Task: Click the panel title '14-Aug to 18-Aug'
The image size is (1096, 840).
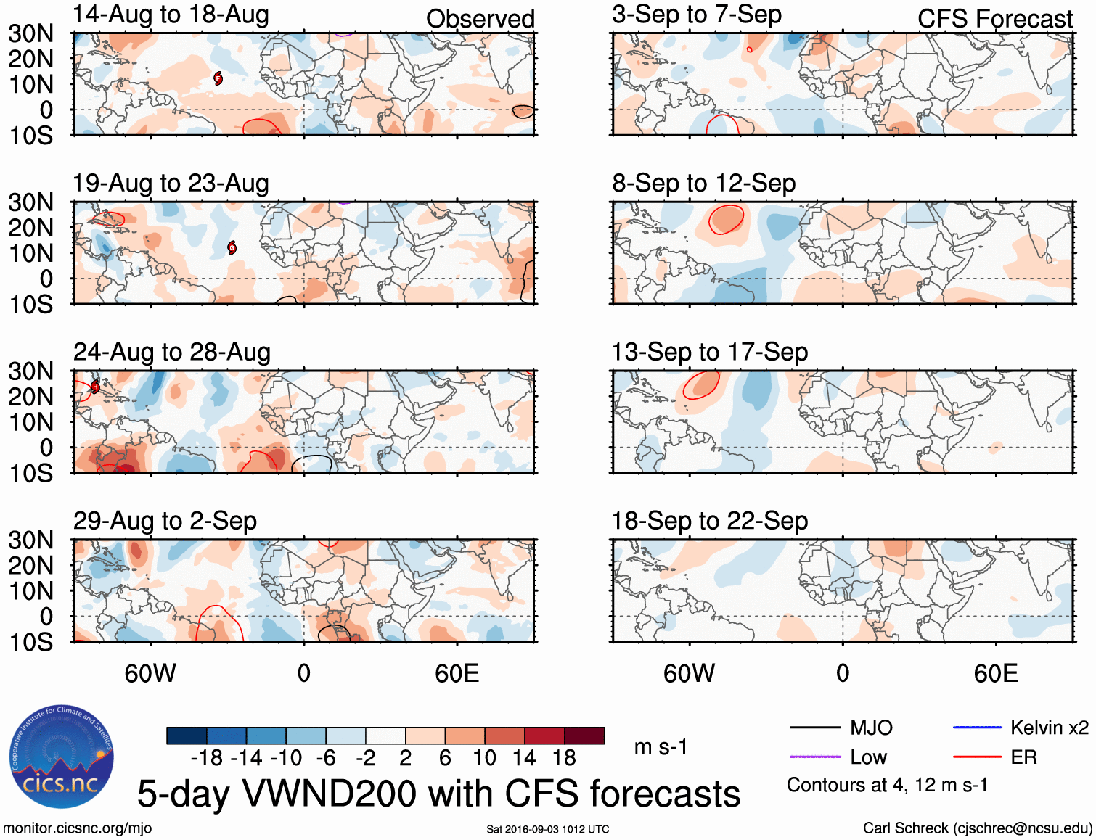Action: tap(171, 15)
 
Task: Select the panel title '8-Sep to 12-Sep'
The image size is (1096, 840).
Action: tap(703, 184)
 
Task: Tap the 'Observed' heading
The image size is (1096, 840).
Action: tap(480, 19)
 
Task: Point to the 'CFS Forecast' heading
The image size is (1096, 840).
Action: tap(994, 19)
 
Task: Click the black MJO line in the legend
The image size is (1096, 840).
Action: tap(814, 728)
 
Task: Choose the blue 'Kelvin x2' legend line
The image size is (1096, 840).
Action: tap(977, 728)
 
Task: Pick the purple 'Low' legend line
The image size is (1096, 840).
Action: tap(814, 757)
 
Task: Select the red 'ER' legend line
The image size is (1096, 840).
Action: tap(977, 757)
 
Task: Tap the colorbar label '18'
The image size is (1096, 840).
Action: tap(564, 758)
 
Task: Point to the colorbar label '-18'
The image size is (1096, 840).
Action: tap(207, 758)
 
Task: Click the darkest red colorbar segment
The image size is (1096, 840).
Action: tap(584, 736)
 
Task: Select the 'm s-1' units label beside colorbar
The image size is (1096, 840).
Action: tap(661, 746)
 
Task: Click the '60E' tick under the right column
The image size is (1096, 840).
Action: tap(995, 674)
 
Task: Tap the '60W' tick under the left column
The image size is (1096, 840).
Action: tap(150, 674)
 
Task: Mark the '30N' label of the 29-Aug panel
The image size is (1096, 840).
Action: tap(30, 540)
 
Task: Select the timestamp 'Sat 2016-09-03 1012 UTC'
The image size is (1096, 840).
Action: tap(547, 829)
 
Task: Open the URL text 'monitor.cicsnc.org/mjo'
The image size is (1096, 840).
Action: tap(78, 828)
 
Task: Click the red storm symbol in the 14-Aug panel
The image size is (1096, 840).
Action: tap(218, 78)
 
